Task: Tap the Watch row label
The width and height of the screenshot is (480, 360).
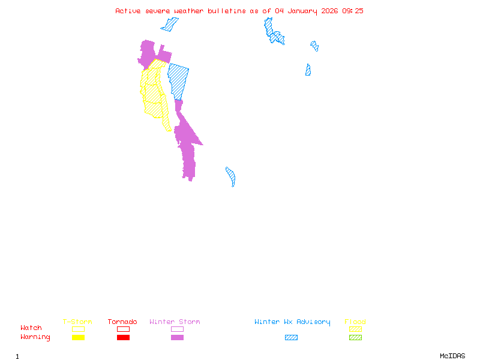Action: [x=31, y=328]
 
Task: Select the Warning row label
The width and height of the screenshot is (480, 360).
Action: [x=35, y=337]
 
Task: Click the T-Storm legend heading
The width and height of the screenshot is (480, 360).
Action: [x=77, y=322]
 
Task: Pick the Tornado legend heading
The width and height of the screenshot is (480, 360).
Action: [x=122, y=322]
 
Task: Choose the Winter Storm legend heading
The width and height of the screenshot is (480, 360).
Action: [x=175, y=322]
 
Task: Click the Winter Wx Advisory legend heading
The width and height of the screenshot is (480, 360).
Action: [x=292, y=322]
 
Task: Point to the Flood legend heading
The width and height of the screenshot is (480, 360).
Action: [x=355, y=322]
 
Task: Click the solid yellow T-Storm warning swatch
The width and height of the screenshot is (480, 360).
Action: [x=78, y=338]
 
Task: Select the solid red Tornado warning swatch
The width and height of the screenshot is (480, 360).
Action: [x=123, y=338]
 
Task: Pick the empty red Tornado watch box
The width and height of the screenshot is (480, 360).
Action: [x=123, y=329]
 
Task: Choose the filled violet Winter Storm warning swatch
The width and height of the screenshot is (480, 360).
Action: [x=177, y=338]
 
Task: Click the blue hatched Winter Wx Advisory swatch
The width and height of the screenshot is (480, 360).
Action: [x=291, y=338]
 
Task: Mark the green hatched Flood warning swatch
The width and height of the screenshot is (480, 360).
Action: [x=355, y=338]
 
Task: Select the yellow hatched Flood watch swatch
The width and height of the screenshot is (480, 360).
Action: [x=355, y=329]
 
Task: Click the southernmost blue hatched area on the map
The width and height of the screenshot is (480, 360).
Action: [x=231, y=177]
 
